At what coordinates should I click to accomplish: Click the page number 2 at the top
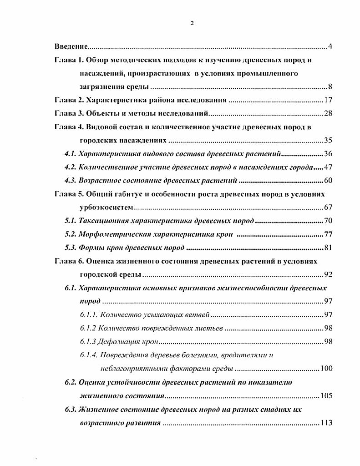pyautogui.click(x=192, y=23)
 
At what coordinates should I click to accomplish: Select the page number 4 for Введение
pyautogui.click(x=331, y=46)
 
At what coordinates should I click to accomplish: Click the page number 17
pyautogui.click(x=329, y=100)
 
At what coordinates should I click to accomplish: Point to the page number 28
pyautogui.click(x=329, y=113)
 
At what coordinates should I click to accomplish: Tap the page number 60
pyautogui.click(x=329, y=181)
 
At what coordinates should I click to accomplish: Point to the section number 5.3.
pyautogui.click(x=70, y=248)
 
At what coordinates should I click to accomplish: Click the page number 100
pyautogui.click(x=327, y=368)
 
